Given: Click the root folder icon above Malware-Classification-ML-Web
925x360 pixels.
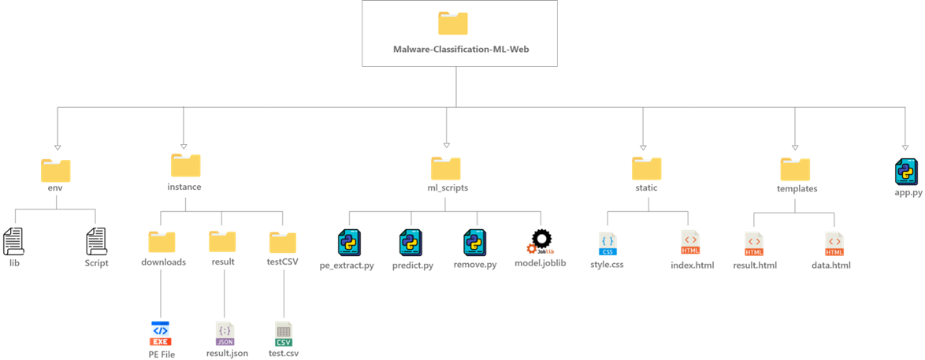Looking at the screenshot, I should click(453, 23).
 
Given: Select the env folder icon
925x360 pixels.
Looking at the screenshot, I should click(55, 170).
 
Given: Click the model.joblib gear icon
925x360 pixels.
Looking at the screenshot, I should click(541, 242).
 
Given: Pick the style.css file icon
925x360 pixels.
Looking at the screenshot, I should click(607, 244).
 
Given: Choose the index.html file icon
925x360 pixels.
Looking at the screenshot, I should click(690, 244).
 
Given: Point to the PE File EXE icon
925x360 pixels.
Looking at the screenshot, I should click(161, 333).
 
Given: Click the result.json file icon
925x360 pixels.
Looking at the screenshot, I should click(225, 333).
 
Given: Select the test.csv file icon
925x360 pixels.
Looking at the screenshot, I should click(284, 333).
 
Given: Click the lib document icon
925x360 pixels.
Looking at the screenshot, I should click(13, 242).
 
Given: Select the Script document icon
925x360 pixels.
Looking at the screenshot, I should click(96, 242).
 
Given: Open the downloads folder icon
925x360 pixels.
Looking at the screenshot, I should click(162, 241).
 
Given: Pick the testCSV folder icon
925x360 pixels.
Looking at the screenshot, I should click(282, 242).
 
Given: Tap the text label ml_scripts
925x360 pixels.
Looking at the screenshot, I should click(446, 188).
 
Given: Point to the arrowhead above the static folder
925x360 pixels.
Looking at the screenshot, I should click(643, 146).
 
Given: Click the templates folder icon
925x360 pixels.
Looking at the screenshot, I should click(795, 169).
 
